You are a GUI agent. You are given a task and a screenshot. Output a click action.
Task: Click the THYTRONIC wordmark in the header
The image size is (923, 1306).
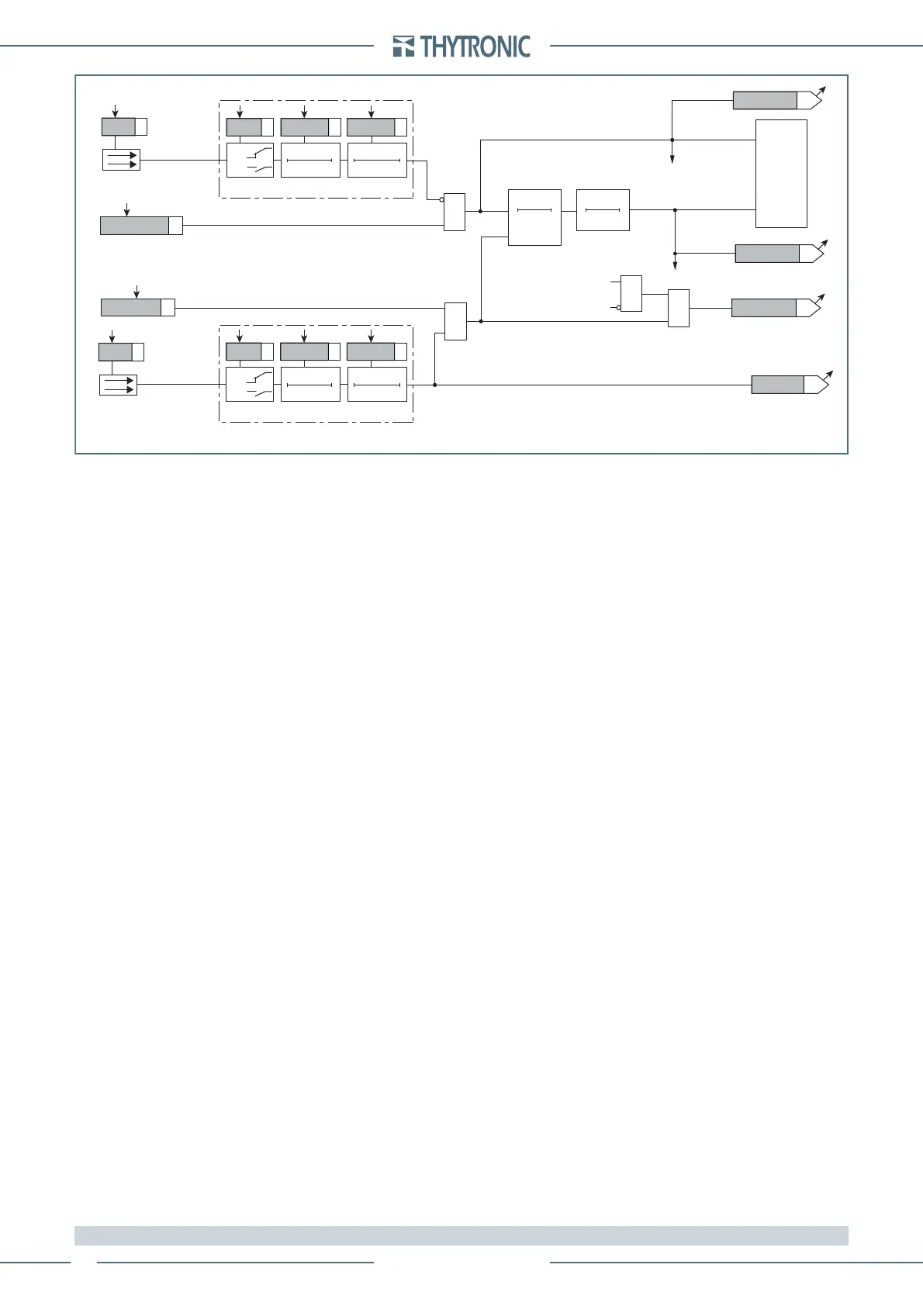[x=475, y=47]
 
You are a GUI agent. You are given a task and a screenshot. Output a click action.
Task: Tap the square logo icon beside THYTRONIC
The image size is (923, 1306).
[x=403, y=47]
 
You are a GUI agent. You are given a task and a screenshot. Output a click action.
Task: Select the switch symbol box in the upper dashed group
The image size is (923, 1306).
[x=250, y=161]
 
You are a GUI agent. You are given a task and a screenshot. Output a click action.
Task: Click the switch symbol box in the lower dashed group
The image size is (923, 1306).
[x=250, y=385]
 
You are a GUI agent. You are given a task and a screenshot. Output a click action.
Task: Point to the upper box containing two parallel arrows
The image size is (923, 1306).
[x=121, y=160]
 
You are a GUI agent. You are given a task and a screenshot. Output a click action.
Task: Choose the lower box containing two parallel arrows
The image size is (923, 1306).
[x=118, y=385]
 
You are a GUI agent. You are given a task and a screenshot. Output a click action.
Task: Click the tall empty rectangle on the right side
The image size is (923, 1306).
[x=781, y=173]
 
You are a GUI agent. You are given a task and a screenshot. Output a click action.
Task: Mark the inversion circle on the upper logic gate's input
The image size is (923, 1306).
[x=441, y=199]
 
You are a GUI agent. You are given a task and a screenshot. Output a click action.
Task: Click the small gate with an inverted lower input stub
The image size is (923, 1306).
[x=631, y=293]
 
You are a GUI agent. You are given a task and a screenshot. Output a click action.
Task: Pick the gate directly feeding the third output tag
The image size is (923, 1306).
[x=678, y=308]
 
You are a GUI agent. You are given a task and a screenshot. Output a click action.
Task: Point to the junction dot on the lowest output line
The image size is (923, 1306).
[x=435, y=385]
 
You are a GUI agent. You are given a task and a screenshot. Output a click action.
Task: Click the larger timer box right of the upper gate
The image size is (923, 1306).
[x=534, y=217]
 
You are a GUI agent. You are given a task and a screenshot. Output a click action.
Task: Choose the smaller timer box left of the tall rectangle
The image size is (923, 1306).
[x=603, y=209]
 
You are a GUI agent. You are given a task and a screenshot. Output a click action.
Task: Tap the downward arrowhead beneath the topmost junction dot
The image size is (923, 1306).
[x=672, y=160]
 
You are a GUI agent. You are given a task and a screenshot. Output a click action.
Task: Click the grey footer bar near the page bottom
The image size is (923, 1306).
[x=461, y=1235]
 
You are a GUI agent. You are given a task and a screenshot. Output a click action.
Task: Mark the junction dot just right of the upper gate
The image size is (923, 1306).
[x=481, y=210]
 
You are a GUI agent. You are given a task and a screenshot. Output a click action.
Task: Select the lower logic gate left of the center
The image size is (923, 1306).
[x=455, y=321]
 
